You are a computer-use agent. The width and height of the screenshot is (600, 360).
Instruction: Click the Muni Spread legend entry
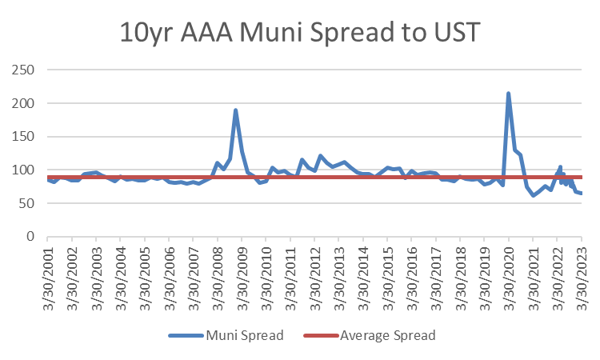[226, 335]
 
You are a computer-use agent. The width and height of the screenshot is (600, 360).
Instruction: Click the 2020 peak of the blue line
[508, 93]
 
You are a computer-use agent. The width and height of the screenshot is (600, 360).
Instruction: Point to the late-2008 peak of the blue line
[236, 110]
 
